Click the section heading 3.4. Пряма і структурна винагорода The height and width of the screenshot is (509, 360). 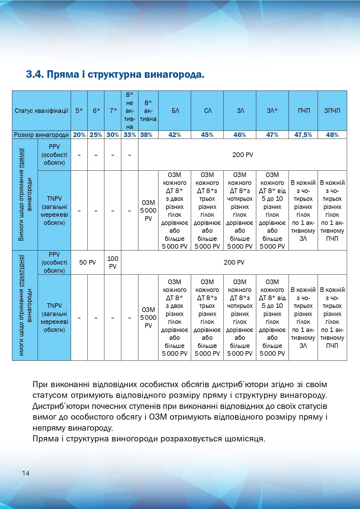115,75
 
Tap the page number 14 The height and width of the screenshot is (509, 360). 26,473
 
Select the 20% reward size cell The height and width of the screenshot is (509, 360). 79,135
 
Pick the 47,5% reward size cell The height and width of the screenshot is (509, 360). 303,135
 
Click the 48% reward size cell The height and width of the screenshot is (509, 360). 332,135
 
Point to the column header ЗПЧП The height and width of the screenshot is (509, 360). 332,111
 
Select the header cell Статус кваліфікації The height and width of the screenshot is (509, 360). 41,111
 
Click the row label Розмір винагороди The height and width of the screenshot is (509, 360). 41,135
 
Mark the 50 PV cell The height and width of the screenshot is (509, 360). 87,262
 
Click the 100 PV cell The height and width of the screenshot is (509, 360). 113,262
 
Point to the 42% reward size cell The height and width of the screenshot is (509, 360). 175,135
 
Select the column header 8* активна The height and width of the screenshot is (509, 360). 148,111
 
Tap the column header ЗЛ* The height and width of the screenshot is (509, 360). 272,111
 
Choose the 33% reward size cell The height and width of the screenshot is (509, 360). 130,135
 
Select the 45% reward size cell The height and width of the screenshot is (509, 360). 207,135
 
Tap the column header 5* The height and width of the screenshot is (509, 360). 79,111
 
